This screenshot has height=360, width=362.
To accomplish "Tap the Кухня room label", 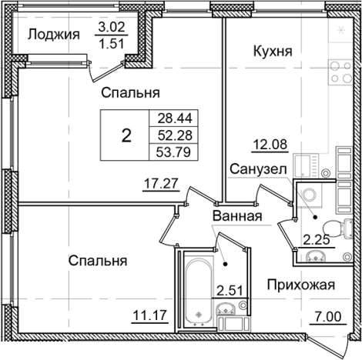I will (273, 52).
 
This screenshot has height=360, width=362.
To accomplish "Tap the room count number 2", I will (126, 135).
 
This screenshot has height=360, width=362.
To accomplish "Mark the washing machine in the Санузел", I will (311, 195).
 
